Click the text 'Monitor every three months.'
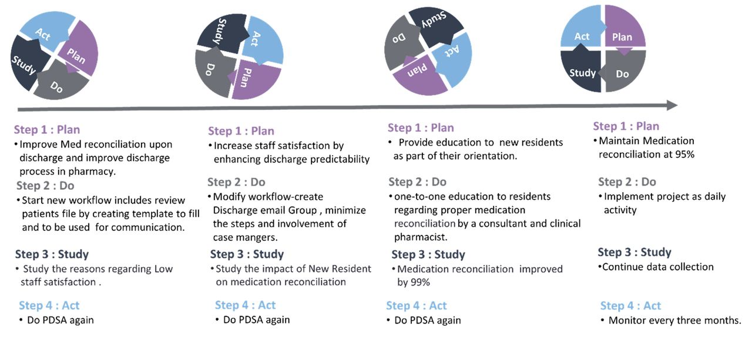click(x=674, y=321)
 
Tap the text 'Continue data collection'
click(x=658, y=267)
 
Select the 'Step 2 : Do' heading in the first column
click(x=45, y=186)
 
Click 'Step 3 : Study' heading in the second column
click(x=247, y=254)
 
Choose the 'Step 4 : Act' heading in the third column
click(x=416, y=306)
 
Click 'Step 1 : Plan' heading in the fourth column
click(x=626, y=126)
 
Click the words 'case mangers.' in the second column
click(x=245, y=237)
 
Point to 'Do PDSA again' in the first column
click(x=61, y=321)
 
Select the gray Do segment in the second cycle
click(x=213, y=72)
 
